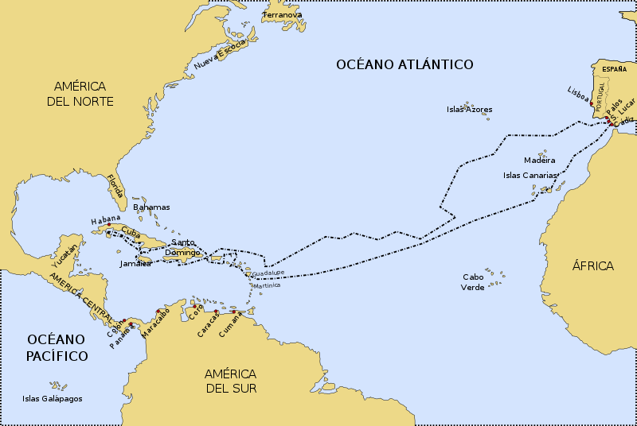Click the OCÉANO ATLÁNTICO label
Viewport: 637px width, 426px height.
(404, 64)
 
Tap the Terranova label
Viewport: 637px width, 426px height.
(283, 14)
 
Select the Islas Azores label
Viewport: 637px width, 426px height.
(469, 110)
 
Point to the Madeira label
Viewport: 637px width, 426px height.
(539, 160)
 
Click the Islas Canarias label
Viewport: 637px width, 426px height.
(530, 175)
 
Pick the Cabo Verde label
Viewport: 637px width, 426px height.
(473, 282)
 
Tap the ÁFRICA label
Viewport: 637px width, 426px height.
(593, 265)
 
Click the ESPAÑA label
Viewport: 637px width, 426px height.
(614, 69)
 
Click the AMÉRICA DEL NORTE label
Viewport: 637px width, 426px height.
(84, 93)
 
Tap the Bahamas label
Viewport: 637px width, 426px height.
(151, 207)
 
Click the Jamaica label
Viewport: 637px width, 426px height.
(135, 263)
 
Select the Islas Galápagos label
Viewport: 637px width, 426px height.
(53, 399)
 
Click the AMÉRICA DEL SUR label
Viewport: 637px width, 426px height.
(230, 380)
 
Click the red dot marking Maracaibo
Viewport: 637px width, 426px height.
(158, 311)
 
